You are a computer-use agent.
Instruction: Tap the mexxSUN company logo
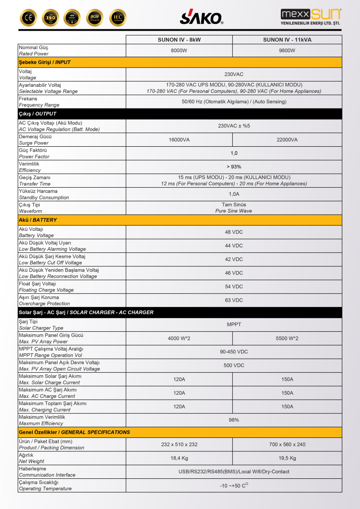(x=310, y=17)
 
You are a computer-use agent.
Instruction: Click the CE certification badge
(x=28, y=18)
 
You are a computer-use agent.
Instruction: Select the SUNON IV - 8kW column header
(x=179, y=40)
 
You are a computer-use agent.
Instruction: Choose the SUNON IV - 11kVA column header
(x=287, y=40)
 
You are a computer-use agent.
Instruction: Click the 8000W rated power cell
(x=179, y=50)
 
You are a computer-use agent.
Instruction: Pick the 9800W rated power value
(x=287, y=50)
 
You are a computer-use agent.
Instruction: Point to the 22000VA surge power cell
(x=287, y=140)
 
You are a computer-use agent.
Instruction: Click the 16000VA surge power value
(x=179, y=140)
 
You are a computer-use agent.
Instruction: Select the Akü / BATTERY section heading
(x=38, y=220)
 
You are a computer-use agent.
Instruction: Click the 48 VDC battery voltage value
(x=234, y=232)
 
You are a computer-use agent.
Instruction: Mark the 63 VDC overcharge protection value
(x=234, y=300)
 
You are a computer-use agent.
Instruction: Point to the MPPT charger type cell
(x=234, y=324)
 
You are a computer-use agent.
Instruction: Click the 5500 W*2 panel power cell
(x=287, y=338)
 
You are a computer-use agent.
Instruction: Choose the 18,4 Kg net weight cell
(x=179, y=458)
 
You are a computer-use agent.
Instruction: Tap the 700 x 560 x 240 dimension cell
(x=287, y=444)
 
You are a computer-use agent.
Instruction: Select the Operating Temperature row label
(x=45, y=486)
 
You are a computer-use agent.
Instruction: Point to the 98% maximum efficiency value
(x=234, y=420)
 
